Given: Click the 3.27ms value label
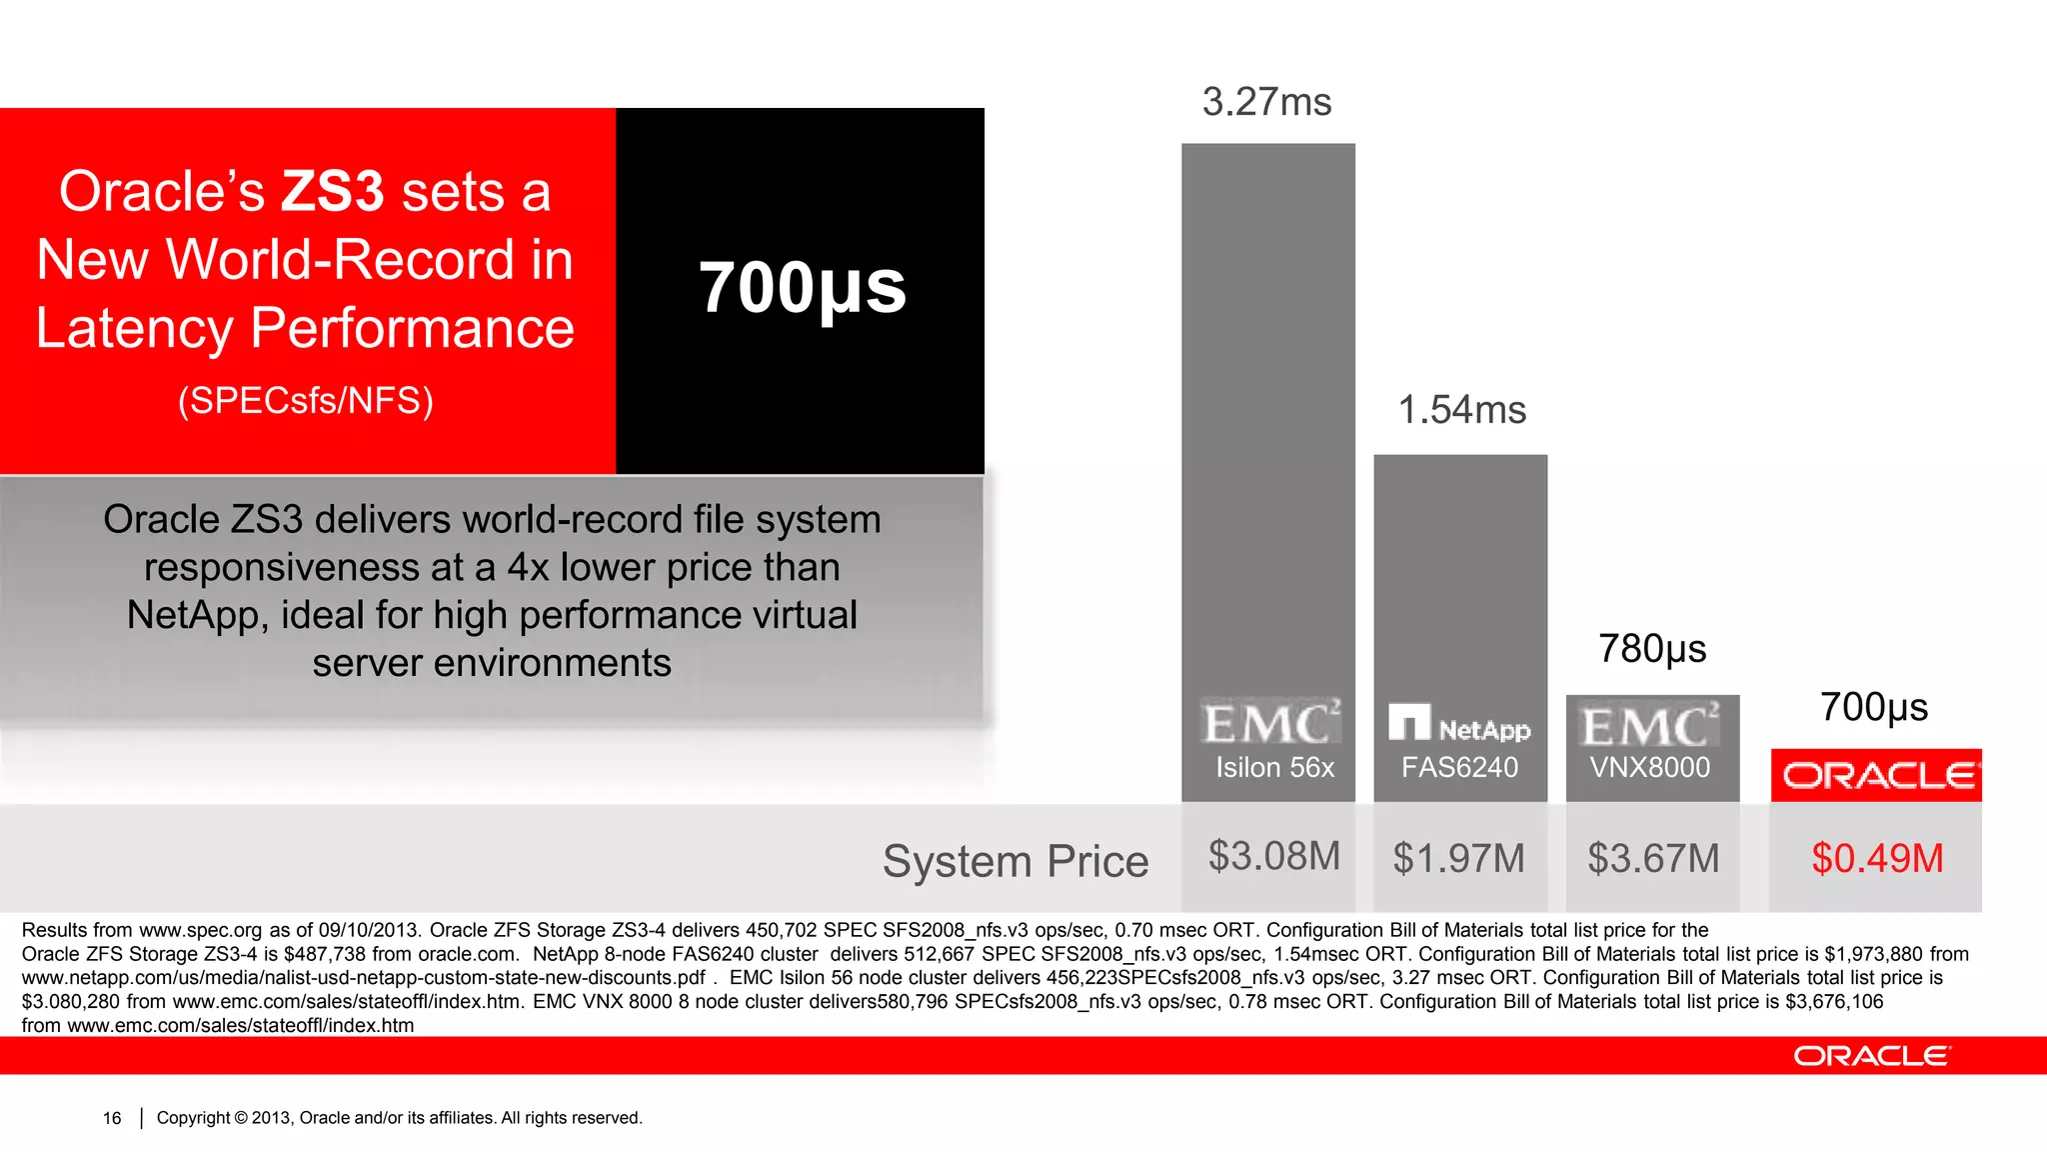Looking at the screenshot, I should (x=1266, y=102).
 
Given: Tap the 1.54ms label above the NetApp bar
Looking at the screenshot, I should (x=1461, y=410).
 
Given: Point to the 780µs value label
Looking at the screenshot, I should (x=1652, y=649).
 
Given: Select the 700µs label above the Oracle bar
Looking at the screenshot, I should (x=1873, y=707).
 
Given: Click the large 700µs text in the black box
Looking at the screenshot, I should (x=802, y=288).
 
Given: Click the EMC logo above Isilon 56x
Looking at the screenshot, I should (x=1269, y=723).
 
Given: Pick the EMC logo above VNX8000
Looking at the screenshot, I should (x=1650, y=725).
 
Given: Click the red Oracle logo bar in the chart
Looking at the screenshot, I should (x=1876, y=775).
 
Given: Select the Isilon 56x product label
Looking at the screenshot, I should (x=1274, y=768).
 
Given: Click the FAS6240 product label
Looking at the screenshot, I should (x=1459, y=768).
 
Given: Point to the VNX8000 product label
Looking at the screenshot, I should (x=1650, y=768).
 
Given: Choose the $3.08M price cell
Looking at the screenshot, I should (x=1273, y=857).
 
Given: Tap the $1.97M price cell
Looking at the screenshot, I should (x=1459, y=859).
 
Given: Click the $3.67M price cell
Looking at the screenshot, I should (x=1653, y=859).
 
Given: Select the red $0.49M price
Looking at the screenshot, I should (x=1877, y=859).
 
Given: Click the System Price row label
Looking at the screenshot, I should (x=1016, y=861).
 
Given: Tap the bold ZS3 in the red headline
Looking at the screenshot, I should (x=332, y=191).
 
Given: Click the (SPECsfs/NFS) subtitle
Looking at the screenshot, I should (x=306, y=400).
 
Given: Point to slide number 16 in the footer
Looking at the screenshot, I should (x=112, y=1118).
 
